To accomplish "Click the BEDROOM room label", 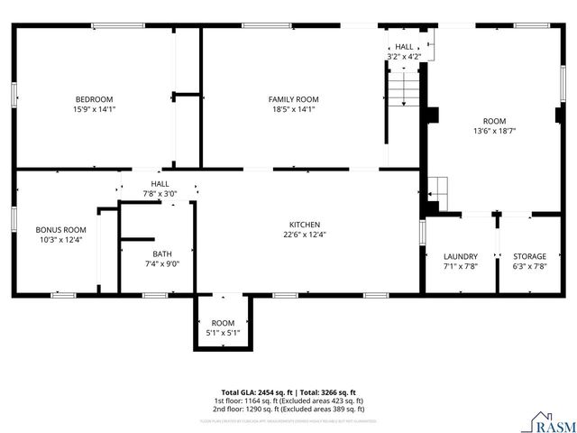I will [x=94, y=99].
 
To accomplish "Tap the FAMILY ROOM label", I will [x=293, y=99].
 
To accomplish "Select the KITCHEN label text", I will [x=304, y=225].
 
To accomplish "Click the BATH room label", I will [x=162, y=254].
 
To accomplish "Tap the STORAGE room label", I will [x=529, y=256].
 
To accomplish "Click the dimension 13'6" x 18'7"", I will [x=494, y=131].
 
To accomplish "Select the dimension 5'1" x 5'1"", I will [x=223, y=333].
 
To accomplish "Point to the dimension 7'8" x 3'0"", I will [x=160, y=194].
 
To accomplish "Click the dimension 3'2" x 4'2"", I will [x=403, y=57].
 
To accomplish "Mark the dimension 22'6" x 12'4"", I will [x=304, y=235].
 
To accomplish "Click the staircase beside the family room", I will [x=405, y=91].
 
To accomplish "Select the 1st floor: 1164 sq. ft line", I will [x=288, y=401].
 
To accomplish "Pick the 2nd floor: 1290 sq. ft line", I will [x=288, y=409].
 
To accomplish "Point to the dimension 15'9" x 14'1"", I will [x=94, y=109].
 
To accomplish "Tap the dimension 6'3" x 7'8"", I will [x=529, y=266].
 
